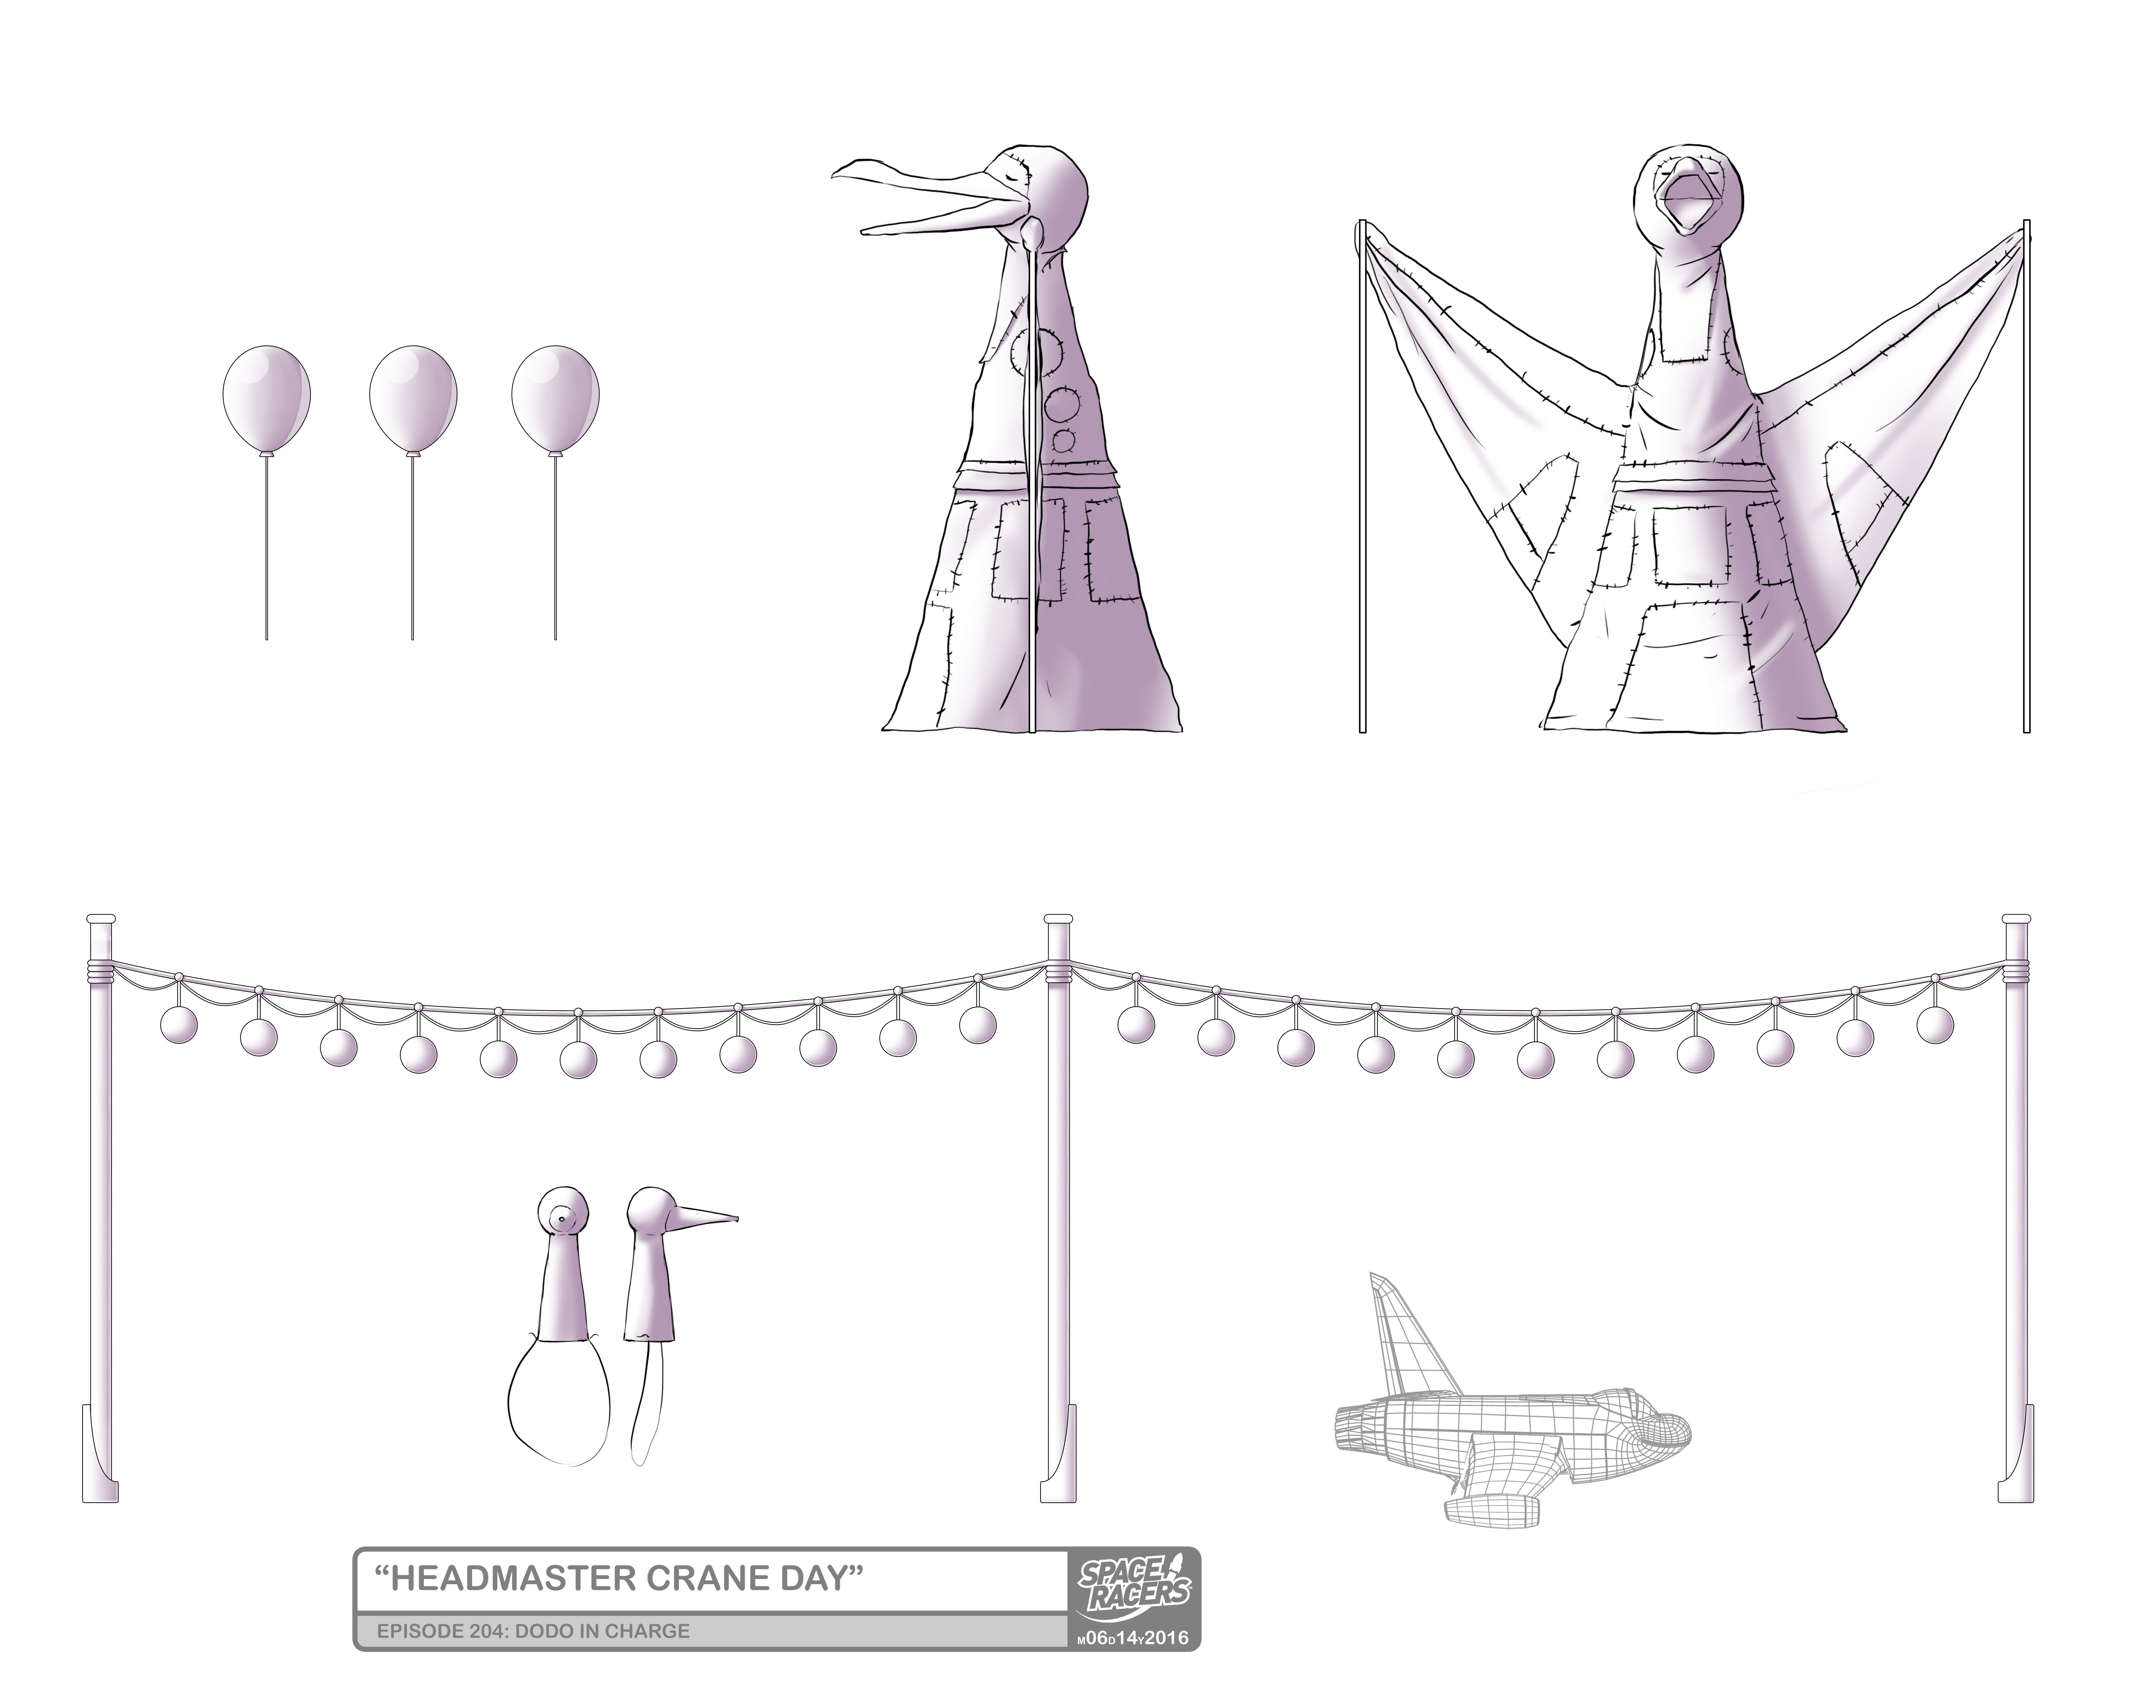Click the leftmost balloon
coord(265,399)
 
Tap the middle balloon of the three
coord(413,399)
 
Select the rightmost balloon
coord(555,399)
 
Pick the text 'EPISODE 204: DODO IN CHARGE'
coord(534,1631)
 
